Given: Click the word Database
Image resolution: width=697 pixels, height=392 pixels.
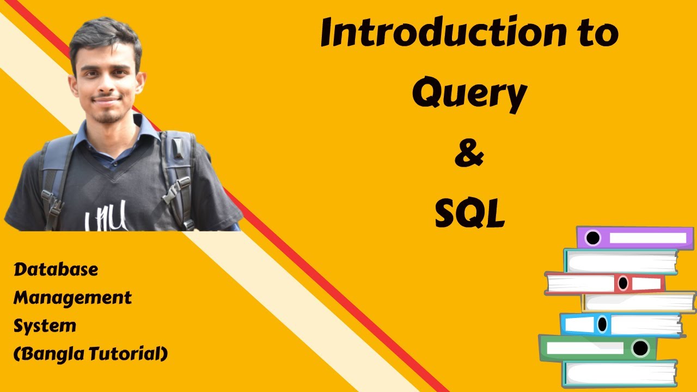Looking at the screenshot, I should tap(56, 269).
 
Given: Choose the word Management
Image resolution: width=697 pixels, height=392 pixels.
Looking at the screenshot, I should tap(72, 298).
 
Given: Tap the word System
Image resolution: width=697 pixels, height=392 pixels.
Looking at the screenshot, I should tap(45, 326).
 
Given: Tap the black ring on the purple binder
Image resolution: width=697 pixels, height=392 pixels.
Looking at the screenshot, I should tap(592, 238).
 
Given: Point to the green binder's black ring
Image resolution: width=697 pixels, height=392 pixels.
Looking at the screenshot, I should tap(640, 347).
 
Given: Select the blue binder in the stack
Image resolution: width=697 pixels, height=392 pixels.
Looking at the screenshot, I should tap(621, 324).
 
